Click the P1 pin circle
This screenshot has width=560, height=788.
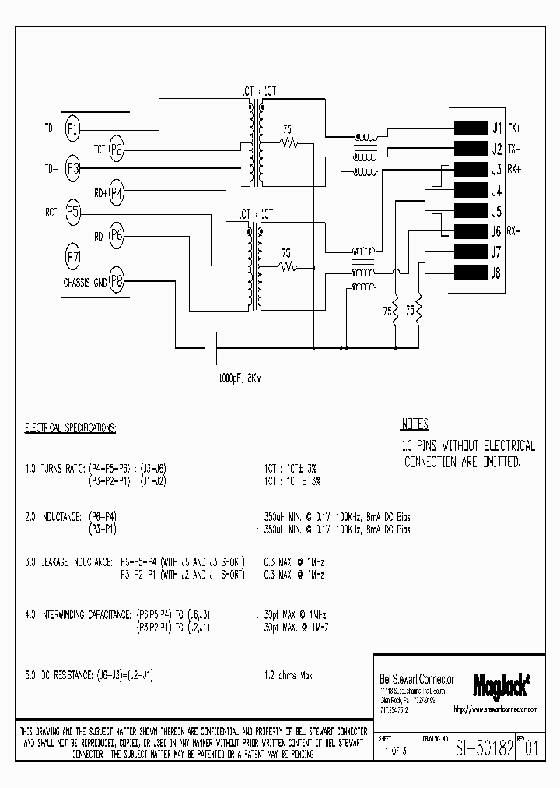72,128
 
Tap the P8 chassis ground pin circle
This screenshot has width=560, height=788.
117,281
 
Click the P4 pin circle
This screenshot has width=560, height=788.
117,192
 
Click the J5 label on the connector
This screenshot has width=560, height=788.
496,210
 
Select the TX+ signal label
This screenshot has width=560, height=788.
515,127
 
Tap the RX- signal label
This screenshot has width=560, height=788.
514,230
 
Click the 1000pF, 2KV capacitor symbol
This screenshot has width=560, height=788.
209,347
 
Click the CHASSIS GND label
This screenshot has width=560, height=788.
85,283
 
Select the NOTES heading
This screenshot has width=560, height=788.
415,425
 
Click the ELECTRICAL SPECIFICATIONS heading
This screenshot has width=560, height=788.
71,429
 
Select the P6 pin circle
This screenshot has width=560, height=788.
117,234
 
